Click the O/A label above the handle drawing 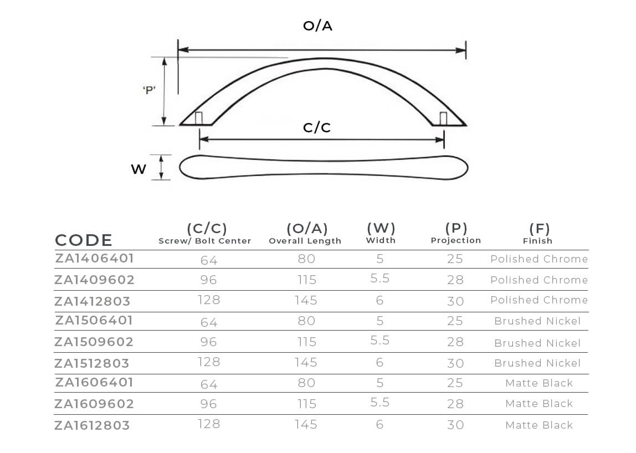click(317, 26)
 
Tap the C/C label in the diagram click(317, 128)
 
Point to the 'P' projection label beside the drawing click(149, 90)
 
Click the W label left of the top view click(139, 169)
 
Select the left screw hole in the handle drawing click(199, 118)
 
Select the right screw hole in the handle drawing click(443, 119)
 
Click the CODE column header click(84, 240)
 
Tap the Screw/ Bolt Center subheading click(205, 241)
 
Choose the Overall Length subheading click(305, 241)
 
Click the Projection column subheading click(456, 240)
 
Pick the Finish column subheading click(537, 241)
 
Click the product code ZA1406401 click(95, 258)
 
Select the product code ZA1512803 click(92, 363)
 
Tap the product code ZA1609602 click(94, 404)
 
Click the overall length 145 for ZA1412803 click(306, 301)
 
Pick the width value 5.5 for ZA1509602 click(380, 340)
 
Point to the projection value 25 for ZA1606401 click(455, 383)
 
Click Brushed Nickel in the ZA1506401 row click(537, 321)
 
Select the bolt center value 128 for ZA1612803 click(209, 424)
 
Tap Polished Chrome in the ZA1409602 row click(539, 280)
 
